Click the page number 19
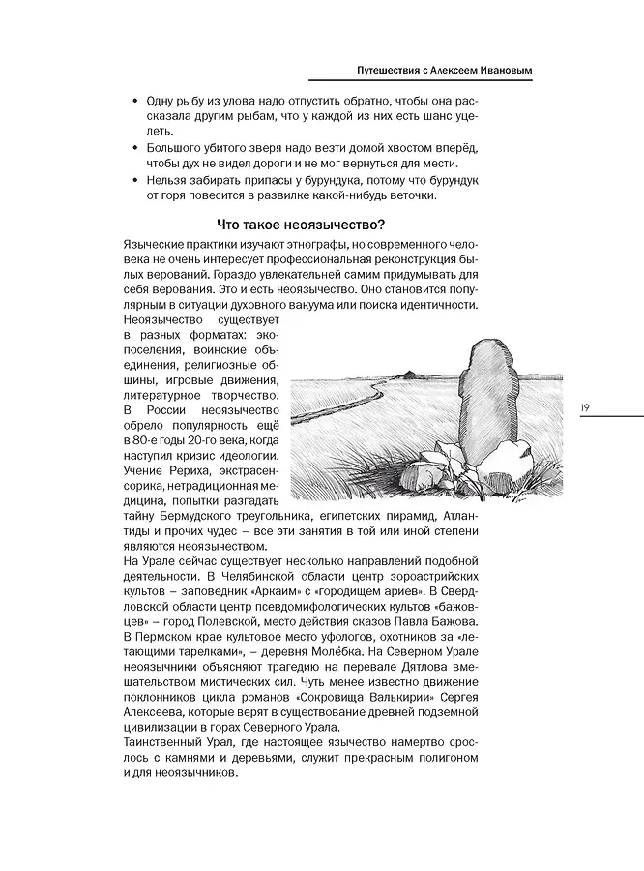585,407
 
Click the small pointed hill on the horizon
410,373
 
